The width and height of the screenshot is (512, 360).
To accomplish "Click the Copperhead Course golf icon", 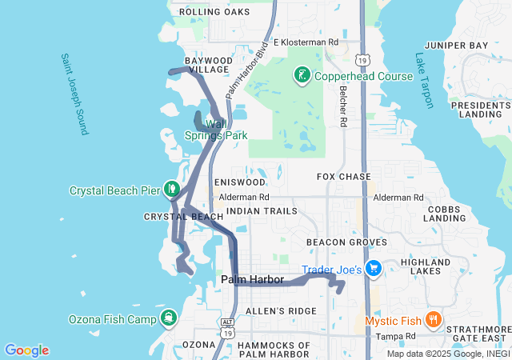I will point(302,76).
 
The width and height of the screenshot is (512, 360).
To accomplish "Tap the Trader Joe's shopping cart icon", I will point(372,269).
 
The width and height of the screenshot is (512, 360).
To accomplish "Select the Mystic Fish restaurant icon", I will point(433,321).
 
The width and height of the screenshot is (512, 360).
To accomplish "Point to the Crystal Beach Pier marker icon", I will point(170,190).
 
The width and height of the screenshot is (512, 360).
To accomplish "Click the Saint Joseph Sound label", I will point(72,94).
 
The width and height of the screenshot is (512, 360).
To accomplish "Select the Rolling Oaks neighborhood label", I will point(214,12).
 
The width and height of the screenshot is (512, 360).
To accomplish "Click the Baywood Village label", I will point(207,65).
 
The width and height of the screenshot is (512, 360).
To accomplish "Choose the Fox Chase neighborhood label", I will point(344,176).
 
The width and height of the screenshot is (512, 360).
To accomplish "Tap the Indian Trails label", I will point(262,211).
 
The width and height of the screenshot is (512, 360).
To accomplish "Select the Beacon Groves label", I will point(346,242).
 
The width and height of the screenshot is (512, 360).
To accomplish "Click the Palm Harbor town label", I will point(252,279).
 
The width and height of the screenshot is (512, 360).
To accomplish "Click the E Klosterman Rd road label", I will point(306,42).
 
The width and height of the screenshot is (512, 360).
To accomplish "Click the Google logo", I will point(26,350).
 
